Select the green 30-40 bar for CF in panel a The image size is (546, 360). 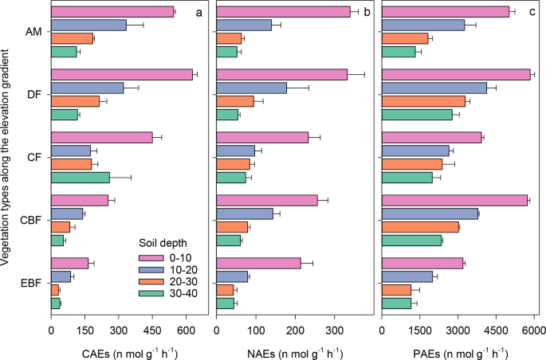click(81, 178)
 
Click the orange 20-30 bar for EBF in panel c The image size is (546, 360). click(397, 289)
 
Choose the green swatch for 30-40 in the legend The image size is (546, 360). click(151, 294)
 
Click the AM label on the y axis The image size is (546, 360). click(34, 32)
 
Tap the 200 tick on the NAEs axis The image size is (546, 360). click(295, 331)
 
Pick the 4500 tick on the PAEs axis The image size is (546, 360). click(496, 331)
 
